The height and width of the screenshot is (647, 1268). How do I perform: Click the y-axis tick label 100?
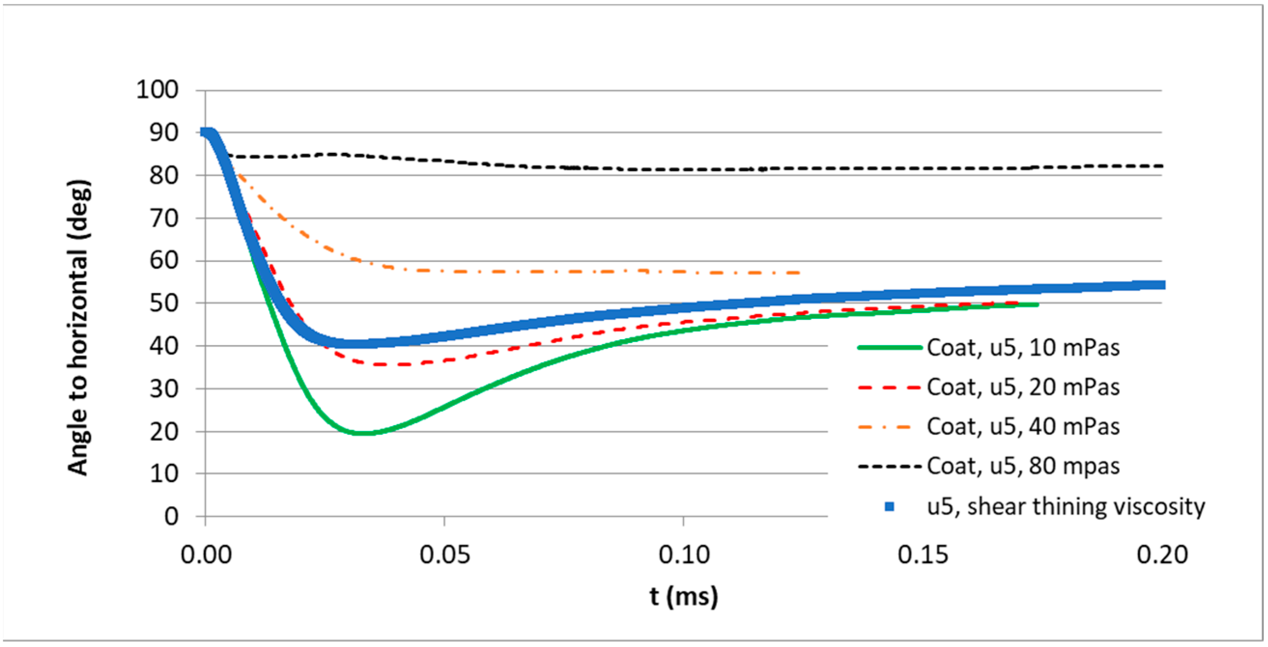(x=157, y=90)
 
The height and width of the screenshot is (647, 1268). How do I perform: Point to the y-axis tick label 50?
(x=164, y=303)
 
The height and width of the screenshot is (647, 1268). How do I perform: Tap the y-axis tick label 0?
(x=171, y=517)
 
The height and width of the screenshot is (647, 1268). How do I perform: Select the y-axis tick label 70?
(x=164, y=218)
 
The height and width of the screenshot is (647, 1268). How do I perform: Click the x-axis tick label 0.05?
(x=445, y=555)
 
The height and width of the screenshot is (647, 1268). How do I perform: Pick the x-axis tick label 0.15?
(x=922, y=555)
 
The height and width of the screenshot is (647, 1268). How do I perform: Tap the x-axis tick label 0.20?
(x=1162, y=555)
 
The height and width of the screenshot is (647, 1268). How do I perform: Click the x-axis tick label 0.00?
(x=206, y=555)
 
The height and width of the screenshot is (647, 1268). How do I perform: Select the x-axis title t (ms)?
(x=683, y=597)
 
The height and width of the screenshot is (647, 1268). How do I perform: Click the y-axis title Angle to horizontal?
(x=79, y=327)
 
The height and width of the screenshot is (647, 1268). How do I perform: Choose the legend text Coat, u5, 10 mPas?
(x=1023, y=348)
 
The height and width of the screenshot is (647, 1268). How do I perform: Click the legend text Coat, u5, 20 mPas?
(x=1023, y=387)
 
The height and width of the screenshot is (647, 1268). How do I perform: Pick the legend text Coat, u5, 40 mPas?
(x=1023, y=427)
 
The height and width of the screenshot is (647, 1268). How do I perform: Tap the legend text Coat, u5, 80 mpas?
(x=1023, y=466)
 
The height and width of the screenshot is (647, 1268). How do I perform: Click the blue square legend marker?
(x=889, y=506)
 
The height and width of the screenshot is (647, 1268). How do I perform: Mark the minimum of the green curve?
(x=363, y=433)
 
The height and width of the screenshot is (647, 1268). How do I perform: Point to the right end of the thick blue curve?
(x=1163, y=285)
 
